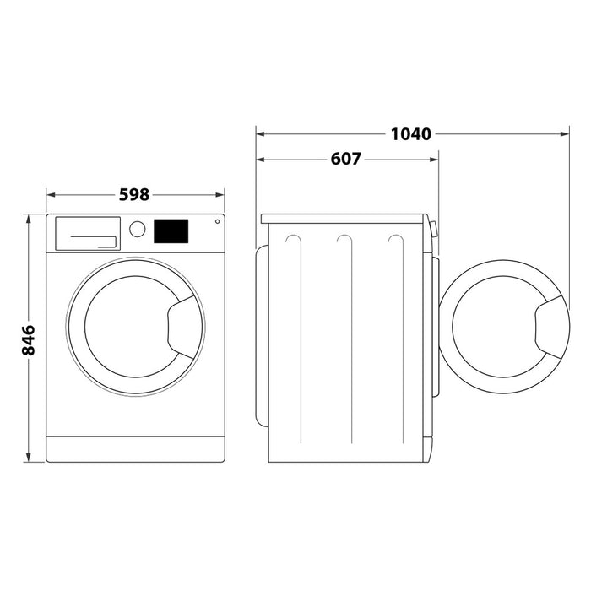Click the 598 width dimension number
coord(133,194)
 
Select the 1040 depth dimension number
coord(411,133)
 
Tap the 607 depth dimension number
coord(345,159)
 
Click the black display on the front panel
coord(171,230)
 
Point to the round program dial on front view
coord(137,229)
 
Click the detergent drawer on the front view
coord(86,233)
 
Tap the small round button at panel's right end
coord(217,222)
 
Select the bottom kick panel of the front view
coord(135,448)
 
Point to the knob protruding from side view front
coord(434,229)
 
